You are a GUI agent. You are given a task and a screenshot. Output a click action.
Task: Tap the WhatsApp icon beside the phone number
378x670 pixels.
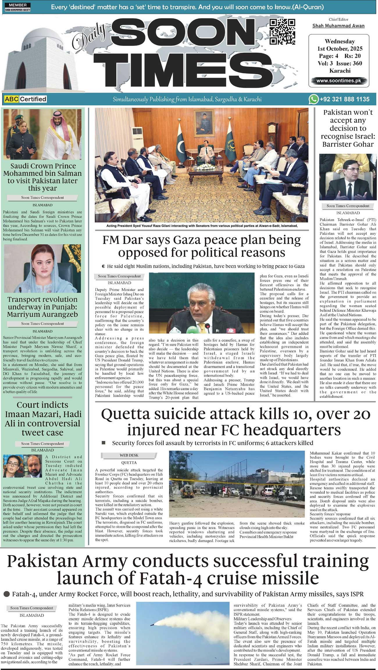pos(313,99)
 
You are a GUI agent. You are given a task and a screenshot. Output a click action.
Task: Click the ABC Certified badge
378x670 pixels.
pos(26,99)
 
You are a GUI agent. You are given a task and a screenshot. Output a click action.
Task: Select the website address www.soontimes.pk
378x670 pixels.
pos(338,81)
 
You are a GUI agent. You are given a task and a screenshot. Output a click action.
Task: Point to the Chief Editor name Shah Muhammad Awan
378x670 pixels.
pos(338,26)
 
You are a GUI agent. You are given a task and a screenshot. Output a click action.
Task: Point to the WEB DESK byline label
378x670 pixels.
pos(129,455)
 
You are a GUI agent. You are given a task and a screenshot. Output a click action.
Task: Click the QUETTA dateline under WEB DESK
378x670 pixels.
pos(129,462)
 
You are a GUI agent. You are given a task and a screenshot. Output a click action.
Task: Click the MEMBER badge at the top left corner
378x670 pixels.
pos(18,7)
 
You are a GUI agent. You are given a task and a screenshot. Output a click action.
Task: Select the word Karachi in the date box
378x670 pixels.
pos(340,71)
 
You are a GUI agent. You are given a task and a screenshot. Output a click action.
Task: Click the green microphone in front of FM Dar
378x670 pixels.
pos(191,329)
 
